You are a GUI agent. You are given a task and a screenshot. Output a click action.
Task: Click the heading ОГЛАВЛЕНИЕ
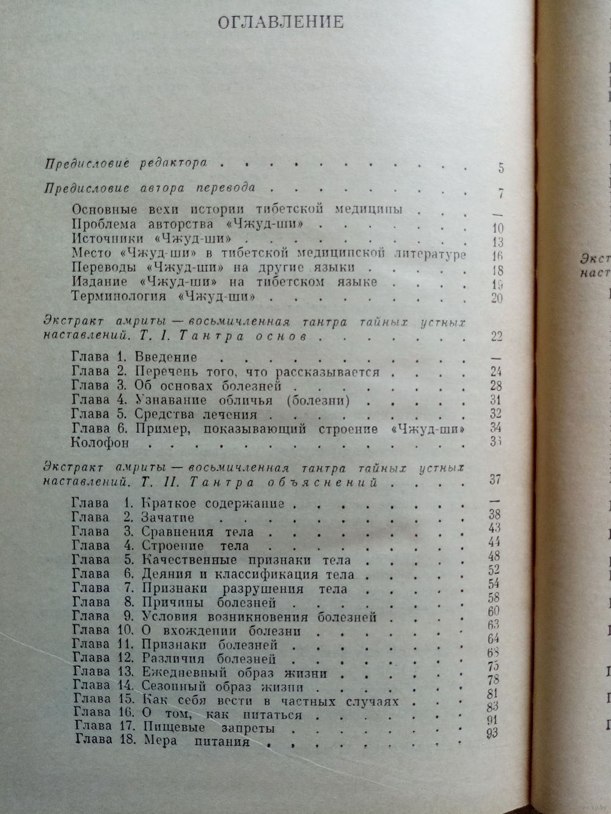(280, 22)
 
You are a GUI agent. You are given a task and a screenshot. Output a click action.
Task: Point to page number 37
(496, 480)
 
